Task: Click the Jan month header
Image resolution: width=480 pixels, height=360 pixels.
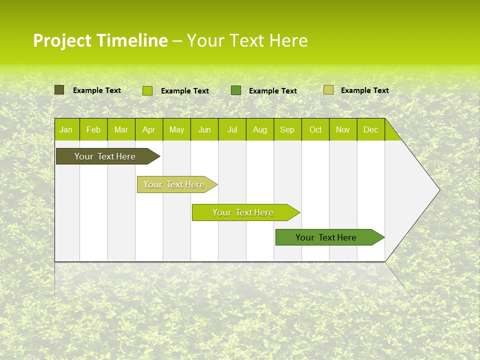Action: [66, 129]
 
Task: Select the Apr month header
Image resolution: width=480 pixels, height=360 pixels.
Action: [148, 129]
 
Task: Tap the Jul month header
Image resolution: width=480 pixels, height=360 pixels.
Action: [232, 129]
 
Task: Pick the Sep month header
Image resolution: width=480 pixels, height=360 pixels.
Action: [287, 129]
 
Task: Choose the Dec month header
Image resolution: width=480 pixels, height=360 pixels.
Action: [370, 129]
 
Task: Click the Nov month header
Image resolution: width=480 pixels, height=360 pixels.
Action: [342, 129]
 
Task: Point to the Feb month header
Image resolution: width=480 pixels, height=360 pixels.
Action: [93, 129]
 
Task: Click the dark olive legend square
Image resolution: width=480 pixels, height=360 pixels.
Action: [59, 90]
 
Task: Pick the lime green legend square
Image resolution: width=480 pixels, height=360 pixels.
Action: [147, 90]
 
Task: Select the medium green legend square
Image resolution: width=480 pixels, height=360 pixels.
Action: [236, 90]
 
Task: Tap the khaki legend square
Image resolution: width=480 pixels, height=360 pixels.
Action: [328, 90]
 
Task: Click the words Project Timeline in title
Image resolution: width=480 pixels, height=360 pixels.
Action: [100, 40]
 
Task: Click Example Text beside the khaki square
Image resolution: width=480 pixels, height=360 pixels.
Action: [364, 90]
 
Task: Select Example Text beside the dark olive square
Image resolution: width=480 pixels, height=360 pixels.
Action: [96, 90]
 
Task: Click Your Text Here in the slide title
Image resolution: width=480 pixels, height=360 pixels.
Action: [247, 40]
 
